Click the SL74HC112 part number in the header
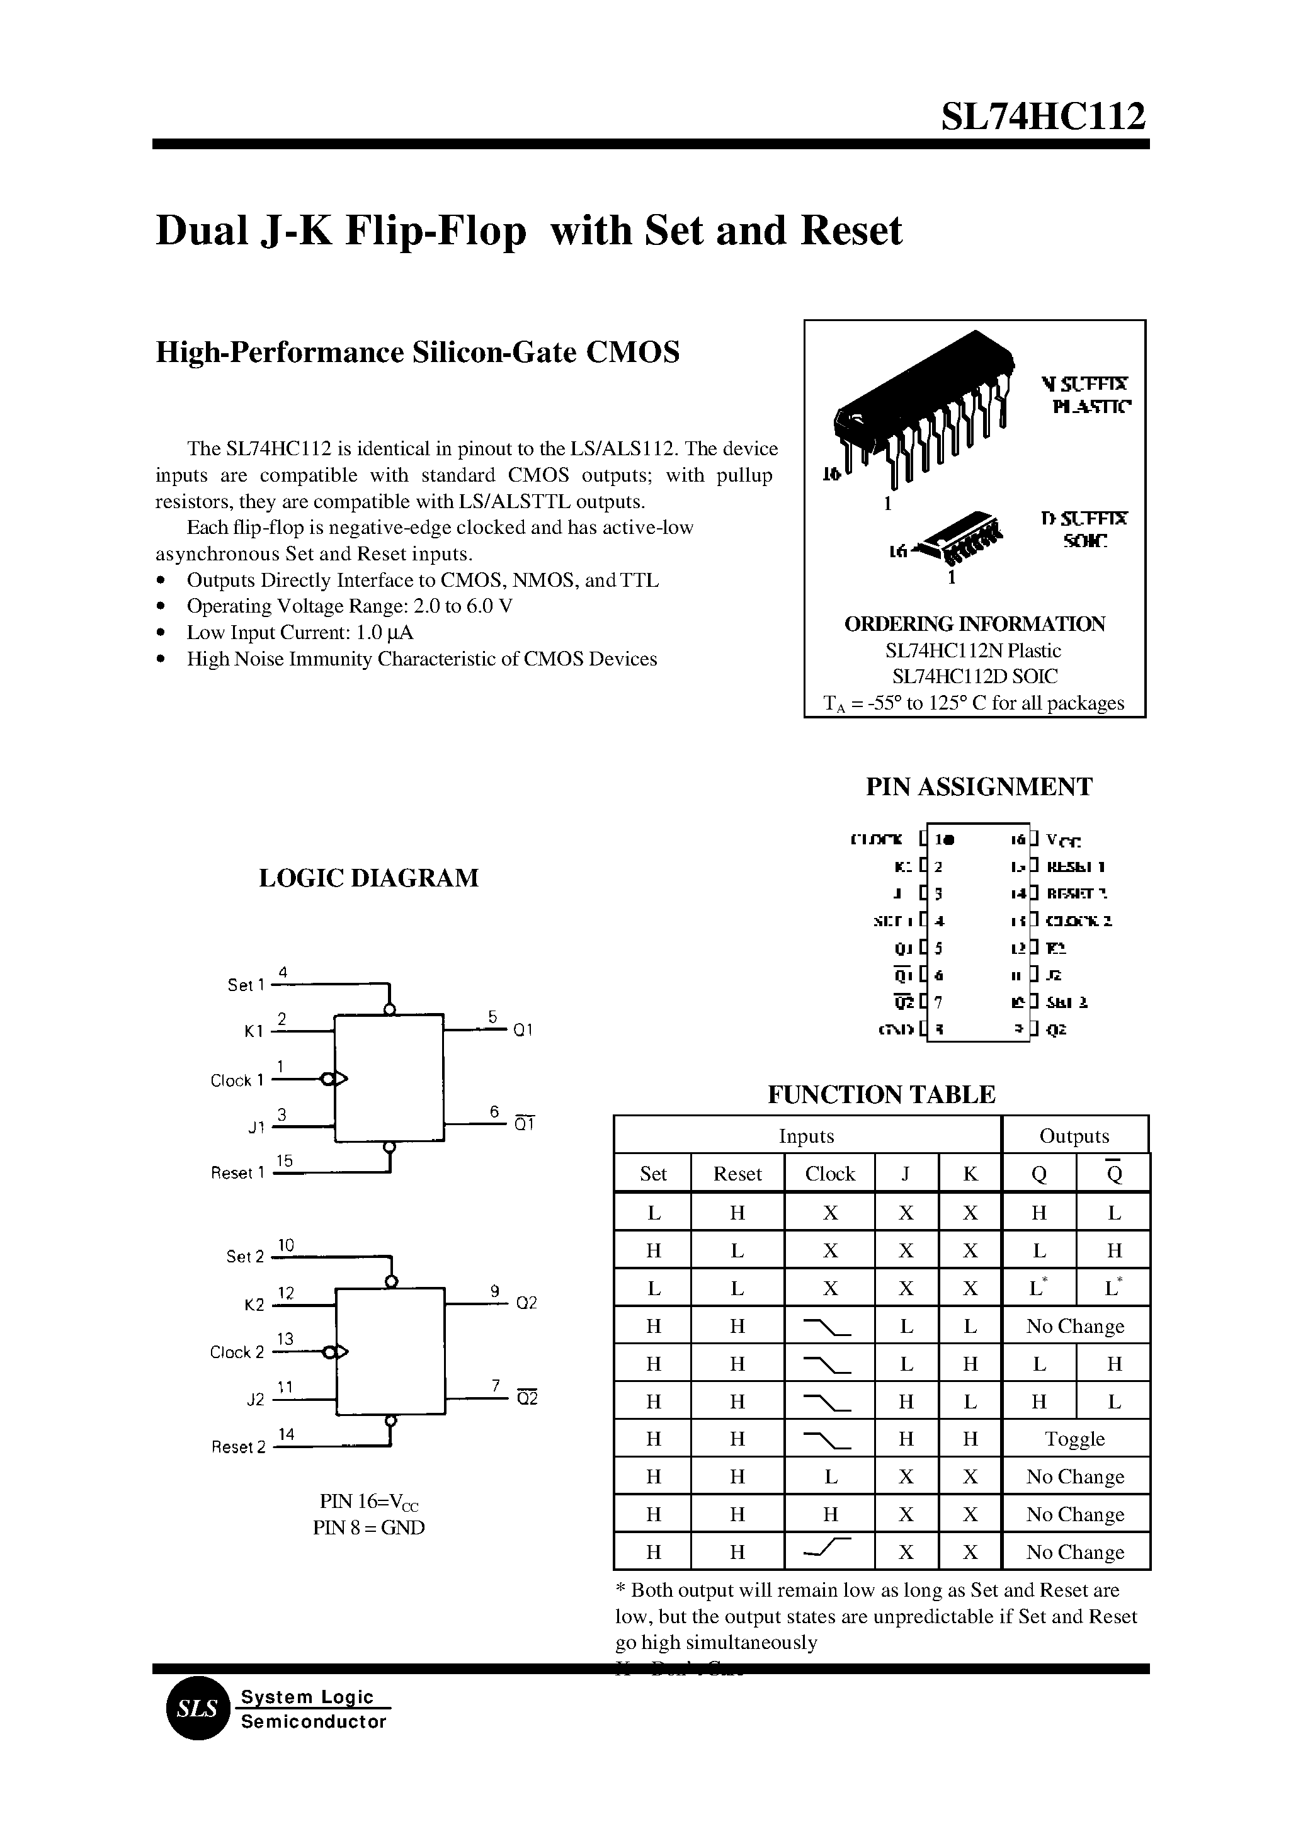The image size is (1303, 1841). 1042,117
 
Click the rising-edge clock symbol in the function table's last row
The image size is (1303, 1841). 826,1551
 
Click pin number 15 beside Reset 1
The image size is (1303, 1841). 285,1161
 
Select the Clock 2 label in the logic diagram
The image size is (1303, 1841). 237,1352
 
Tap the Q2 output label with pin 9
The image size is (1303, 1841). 526,1303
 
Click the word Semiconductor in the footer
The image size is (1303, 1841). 314,1722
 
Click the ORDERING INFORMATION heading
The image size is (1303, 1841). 974,624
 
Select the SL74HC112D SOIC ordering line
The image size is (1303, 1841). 974,676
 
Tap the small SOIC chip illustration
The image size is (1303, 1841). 960,535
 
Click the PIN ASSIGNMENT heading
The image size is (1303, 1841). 978,787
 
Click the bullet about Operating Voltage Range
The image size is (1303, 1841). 349,606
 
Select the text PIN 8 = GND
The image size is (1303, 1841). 368,1527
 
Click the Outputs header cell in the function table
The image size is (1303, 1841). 1074,1136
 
